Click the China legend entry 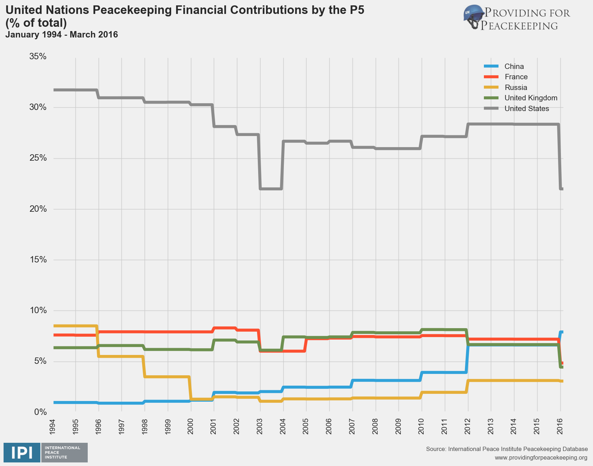coord(514,66)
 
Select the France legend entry coord(516,77)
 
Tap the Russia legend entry coord(515,87)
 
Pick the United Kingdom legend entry coord(530,98)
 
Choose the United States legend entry coord(526,109)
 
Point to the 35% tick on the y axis coord(38,56)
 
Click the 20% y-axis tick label coord(38,209)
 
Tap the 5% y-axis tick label coord(40,361)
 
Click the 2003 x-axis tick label coord(260,425)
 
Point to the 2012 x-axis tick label coord(468,425)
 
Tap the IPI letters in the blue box coord(22,453)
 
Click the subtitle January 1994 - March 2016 coord(62,35)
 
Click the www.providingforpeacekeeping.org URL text coord(541,457)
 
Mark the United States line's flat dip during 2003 coord(271,189)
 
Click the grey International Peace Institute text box coord(64,453)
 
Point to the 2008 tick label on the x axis coord(375,425)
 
